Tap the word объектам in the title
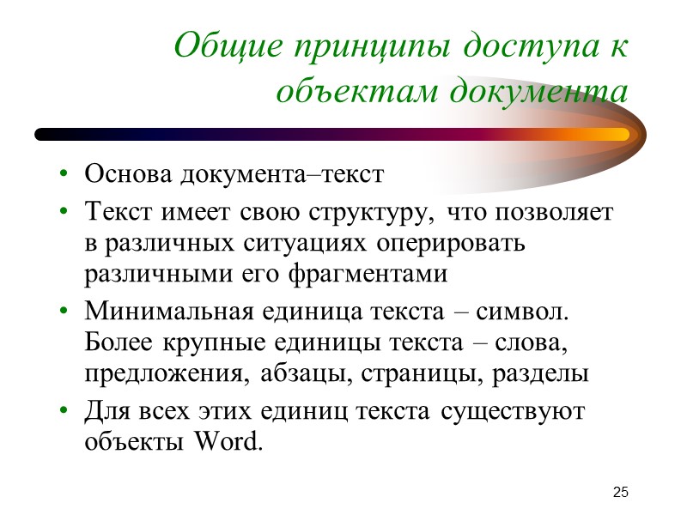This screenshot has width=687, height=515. tap(346, 88)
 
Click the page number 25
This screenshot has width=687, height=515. tap(621, 492)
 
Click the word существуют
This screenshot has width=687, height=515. tap(513, 411)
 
